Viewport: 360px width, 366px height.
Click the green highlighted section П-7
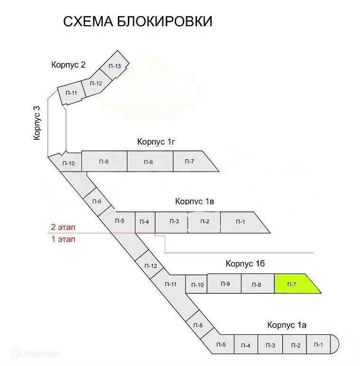click(294, 284)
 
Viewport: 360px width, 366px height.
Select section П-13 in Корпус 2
click(115, 66)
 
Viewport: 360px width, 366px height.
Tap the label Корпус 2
click(68, 65)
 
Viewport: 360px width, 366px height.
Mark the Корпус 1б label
click(244, 263)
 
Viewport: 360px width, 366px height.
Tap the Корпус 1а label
click(287, 325)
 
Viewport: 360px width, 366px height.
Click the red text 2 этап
click(63, 227)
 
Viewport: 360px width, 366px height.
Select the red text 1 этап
click(63, 239)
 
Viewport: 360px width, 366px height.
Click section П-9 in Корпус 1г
click(104, 162)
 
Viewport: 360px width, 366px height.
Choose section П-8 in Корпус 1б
click(257, 284)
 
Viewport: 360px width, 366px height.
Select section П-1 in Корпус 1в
click(242, 222)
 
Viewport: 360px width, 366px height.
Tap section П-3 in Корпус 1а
click(270, 345)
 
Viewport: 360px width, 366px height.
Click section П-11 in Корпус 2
click(71, 93)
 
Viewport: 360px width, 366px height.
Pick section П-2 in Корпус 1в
click(204, 222)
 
